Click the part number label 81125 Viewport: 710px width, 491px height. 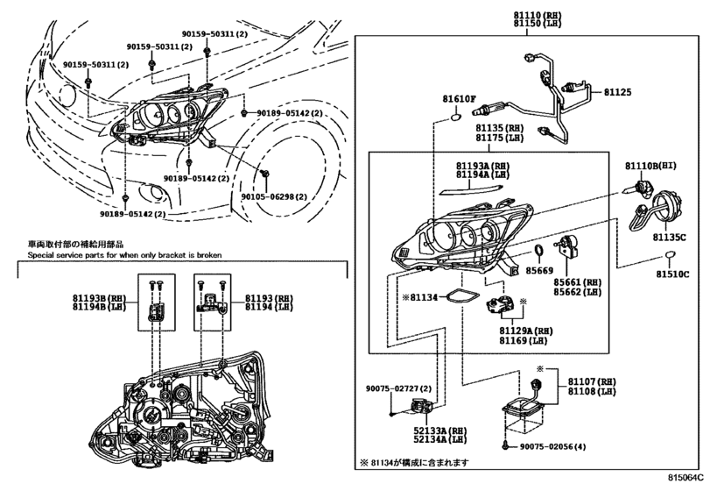click(617, 92)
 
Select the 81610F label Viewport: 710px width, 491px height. click(459, 99)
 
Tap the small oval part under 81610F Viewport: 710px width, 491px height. click(454, 118)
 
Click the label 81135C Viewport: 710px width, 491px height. click(669, 237)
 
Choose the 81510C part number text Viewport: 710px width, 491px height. click(673, 274)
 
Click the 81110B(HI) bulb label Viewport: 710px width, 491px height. click(650, 167)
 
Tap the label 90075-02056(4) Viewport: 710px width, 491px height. click(552, 446)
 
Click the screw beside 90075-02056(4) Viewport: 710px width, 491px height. click(506, 446)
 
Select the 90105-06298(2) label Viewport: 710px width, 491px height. click(274, 196)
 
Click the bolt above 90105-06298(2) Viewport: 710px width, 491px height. click(266, 173)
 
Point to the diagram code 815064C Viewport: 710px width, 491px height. click(686, 478)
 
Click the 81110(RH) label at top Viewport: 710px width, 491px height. click(537, 15)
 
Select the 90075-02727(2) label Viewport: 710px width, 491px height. click(399, 388)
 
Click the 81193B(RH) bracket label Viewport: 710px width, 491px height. click(99, 299)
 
